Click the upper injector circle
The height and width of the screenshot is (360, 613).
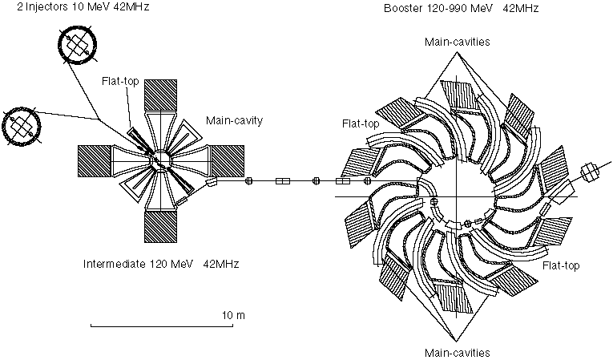click(x=77, y=47)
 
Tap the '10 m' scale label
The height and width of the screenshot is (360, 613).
click(x=233, y=315)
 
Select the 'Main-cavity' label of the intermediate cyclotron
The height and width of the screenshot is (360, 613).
click(x=234, y=121)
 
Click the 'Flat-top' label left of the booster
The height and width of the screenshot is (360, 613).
click(x=360, y=124)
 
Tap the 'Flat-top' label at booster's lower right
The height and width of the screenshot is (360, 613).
click(x=560, y=265)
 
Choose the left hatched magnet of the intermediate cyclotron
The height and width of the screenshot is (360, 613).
click(x=95, y=163)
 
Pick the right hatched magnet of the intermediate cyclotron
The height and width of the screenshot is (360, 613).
click(x=226, y=163)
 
